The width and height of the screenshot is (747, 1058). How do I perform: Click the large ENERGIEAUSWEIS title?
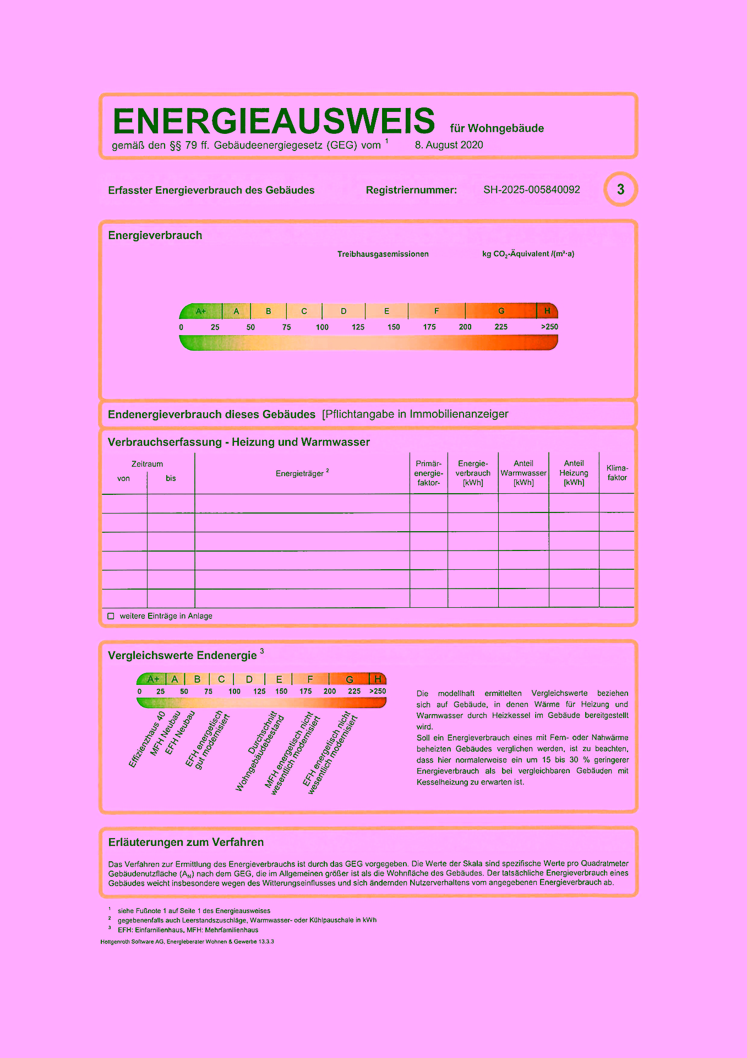(x=274, y=121)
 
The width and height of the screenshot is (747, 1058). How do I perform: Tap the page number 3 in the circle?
(x=620, y=190)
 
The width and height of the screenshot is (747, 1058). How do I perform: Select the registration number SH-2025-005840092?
(x=531, y=190)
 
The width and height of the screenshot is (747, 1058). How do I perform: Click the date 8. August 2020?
(x=449, y=145)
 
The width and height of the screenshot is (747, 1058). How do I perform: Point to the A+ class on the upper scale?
(x=201, y=311)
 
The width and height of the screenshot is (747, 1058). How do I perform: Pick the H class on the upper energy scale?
(x=547, y=311)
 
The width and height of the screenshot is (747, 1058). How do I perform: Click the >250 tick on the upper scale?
(x=549, y=327)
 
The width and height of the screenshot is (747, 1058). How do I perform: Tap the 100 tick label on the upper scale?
(x=322, y=327)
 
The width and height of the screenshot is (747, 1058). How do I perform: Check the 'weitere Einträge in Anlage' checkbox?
(x=111, y=616)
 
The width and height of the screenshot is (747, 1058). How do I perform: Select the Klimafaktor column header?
(x=617, y=473)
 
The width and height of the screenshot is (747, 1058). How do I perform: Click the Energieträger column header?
(x=302, y=473)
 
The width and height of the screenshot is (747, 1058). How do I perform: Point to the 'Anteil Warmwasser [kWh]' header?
(x=523, y=473)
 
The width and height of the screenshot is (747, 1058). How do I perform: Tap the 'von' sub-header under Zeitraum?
(x=123, y=478)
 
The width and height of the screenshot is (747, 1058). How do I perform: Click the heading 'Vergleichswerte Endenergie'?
(x=182, y=655)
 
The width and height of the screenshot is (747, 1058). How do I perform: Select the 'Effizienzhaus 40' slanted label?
(x=147, y=740)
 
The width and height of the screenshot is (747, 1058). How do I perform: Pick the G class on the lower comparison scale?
(x=349, y=679)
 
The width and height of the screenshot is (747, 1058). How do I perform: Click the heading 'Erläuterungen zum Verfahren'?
(x=186, y=842)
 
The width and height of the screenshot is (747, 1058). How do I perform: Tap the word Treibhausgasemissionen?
(x=383, y=254)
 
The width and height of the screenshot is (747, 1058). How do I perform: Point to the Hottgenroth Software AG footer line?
(x=187, y=942)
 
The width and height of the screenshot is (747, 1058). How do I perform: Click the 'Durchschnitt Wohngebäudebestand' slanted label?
(x=260, y=752)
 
